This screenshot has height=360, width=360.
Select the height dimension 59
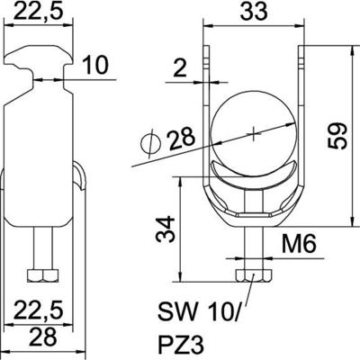tap(334, 135)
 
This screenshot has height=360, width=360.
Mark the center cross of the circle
tap(255, 134)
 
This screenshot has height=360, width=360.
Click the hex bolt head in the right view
tap(255, 275)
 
